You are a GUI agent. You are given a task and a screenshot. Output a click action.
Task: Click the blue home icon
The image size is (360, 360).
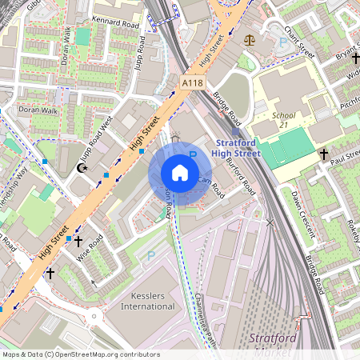pos(180,173)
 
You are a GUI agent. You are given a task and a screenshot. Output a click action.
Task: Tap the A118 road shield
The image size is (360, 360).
pos(192,82)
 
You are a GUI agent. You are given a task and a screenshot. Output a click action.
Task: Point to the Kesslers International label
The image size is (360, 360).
pos(147,301)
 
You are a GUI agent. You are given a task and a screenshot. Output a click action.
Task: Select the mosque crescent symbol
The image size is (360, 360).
pos(80,170)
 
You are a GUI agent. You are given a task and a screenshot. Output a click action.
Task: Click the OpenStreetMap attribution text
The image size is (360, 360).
pos(80,354)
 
